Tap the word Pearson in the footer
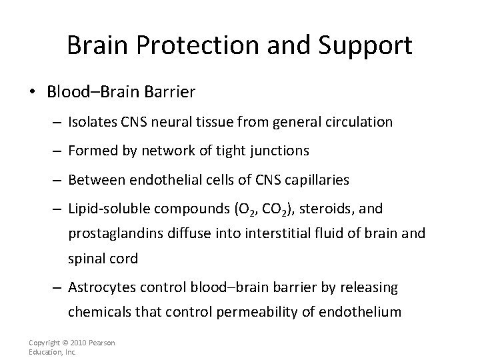[101, 343]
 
